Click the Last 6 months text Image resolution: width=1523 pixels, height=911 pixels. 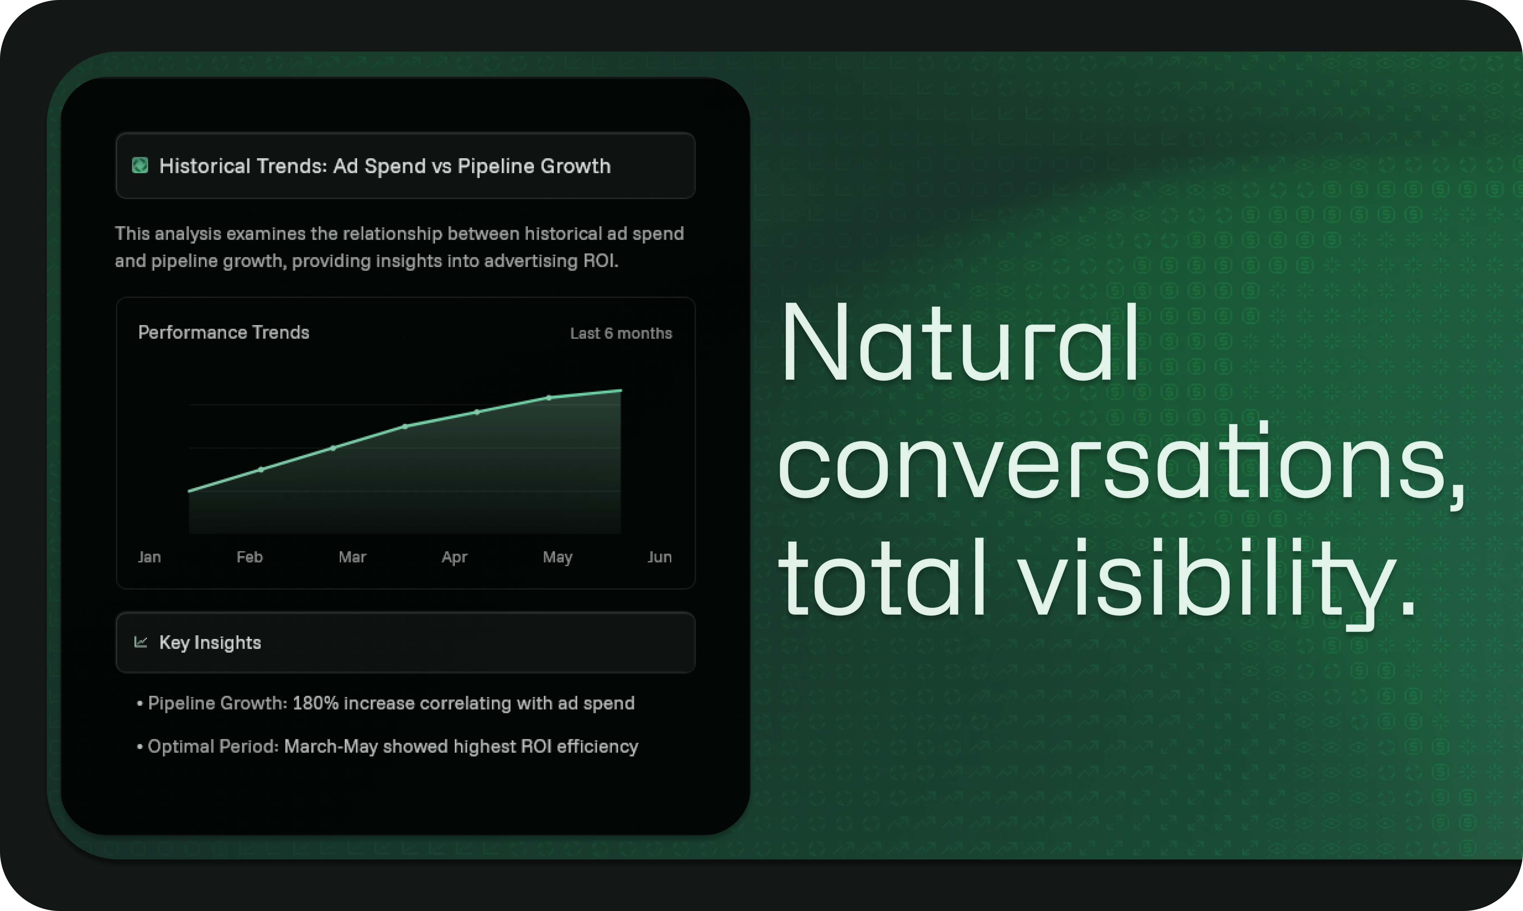tap(621, 333)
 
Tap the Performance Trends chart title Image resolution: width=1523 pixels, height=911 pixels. tap(224, 332)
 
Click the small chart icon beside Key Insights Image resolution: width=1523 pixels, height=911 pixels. tap(141, 642)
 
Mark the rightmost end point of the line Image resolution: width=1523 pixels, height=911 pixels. tap(621, 390)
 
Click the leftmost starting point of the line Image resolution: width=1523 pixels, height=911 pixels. tap(189, 491)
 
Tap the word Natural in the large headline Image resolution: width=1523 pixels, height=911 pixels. tap(958, 344)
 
